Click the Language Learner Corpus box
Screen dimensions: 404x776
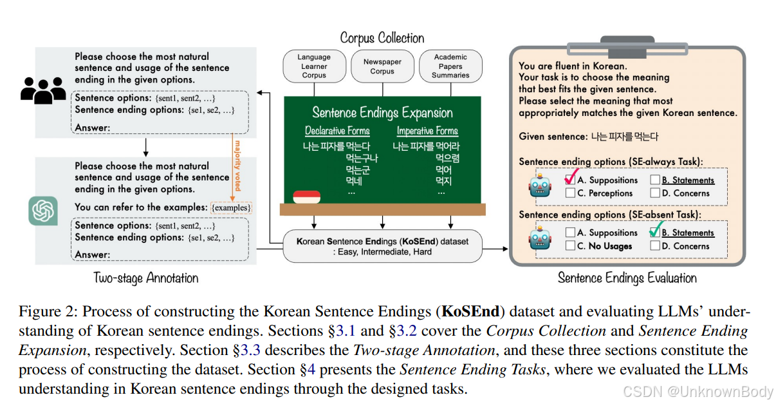pyautogui.click(x=314, y=66)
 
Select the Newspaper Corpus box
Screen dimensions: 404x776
pyautogui.click(x=382, y=66)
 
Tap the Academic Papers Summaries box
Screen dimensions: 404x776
pyautogui.click(x=450, y=66)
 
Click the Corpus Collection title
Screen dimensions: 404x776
pyautogui.click(x=382, y=38)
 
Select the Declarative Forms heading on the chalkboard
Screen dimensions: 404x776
pyautogui.click(x=337, y=131)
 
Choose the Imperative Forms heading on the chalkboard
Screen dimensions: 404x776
pyautogui.click(x=427, y=131)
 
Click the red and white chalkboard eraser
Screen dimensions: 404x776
pyautogui.click(x=306, y=196)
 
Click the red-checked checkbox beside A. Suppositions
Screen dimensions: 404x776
pyautogui.click(x=570, y=179)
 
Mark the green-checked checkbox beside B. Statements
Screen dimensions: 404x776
pyautogui.click(x=655, y=232)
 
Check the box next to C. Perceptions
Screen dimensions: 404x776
pyautogui.click(x=570, y=193)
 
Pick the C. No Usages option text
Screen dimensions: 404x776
pyautogui.click(x=604, y=246)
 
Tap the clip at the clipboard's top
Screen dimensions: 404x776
pyautogui.click(x=627, y=44)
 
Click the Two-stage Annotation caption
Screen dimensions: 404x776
pyautogui.click(x=146, y=278)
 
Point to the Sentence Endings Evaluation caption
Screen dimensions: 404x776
pyautogui.click(x=627, y=278)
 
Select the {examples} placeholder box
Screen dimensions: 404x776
pyautogui.click(x=231, y=207)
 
